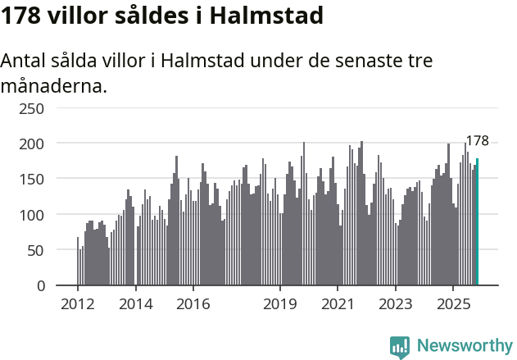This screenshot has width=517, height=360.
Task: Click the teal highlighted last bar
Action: [x=477, y=222]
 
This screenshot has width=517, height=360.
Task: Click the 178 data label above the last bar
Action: [x=477, y=141]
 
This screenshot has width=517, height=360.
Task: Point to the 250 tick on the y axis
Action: [x=32, y=108]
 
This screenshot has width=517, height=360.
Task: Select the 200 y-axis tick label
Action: [x=32, y=144]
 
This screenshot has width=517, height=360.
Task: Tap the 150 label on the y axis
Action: [x=32, y=179]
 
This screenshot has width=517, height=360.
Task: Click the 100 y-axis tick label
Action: [x=32, y=215]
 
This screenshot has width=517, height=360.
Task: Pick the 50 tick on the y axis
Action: [x=36, y=250]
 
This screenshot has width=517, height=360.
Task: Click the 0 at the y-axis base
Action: [x=40, y=285]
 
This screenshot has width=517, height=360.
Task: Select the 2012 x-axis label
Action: [x=78, y=304]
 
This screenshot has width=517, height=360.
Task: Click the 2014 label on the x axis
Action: [x=136, y=304]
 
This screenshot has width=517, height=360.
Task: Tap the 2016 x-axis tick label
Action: [x=193, y=304]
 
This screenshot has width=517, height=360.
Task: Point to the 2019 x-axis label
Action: [x=280, y=304]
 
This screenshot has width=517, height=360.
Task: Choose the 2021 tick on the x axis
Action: [x=338, y=304]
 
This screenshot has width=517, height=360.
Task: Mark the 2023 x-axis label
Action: [x=396, y=304]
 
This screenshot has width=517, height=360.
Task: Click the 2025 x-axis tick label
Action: [x=453, y=304]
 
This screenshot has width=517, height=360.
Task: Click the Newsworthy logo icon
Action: [x=400, y=346]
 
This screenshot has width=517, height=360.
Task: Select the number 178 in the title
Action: [x=20, y=16]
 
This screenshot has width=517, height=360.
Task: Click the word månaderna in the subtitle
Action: [x=53, y=84]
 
